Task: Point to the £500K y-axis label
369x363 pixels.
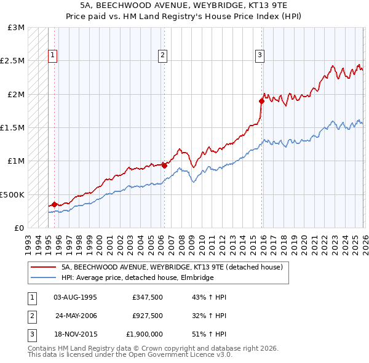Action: [12, 194]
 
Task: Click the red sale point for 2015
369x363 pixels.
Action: [261, 102]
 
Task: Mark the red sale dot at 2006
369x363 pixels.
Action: [164, 166]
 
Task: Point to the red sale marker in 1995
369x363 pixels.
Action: [54, 204]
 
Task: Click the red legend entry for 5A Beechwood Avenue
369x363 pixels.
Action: [172, 267]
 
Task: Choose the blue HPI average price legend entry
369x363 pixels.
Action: [137, 278]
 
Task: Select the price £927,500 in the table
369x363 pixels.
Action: [147, 316]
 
